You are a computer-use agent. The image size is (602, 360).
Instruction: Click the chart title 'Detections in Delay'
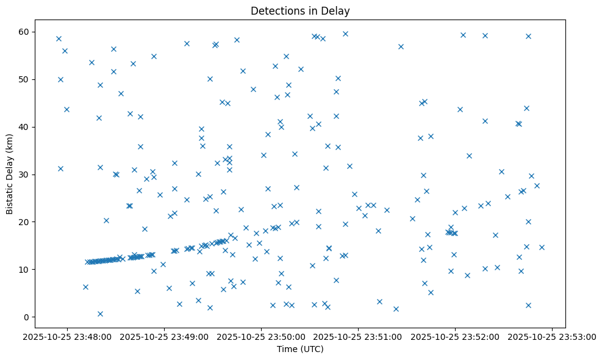pos(300,11)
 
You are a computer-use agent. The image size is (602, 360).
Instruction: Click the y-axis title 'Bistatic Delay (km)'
pos(10,174)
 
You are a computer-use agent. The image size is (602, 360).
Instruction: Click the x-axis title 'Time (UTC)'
pos(300,349)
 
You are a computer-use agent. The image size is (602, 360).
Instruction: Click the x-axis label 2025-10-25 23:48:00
pos(68,336)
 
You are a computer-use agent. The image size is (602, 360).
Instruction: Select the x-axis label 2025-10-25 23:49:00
pos(165,336)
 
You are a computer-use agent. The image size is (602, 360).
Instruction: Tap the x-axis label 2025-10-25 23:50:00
pos(262,336)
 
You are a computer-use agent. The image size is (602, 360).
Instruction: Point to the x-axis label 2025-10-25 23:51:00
pos(358,336)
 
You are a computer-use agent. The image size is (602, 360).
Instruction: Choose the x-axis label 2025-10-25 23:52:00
pos(455,336)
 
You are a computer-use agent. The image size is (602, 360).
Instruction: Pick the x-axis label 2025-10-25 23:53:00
pos(552,336)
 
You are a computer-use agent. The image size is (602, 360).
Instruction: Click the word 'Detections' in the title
pos(274,11)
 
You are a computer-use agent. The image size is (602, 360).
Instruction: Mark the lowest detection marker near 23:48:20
pos(100,314)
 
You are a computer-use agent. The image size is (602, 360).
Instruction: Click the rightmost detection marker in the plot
pos(542,247)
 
